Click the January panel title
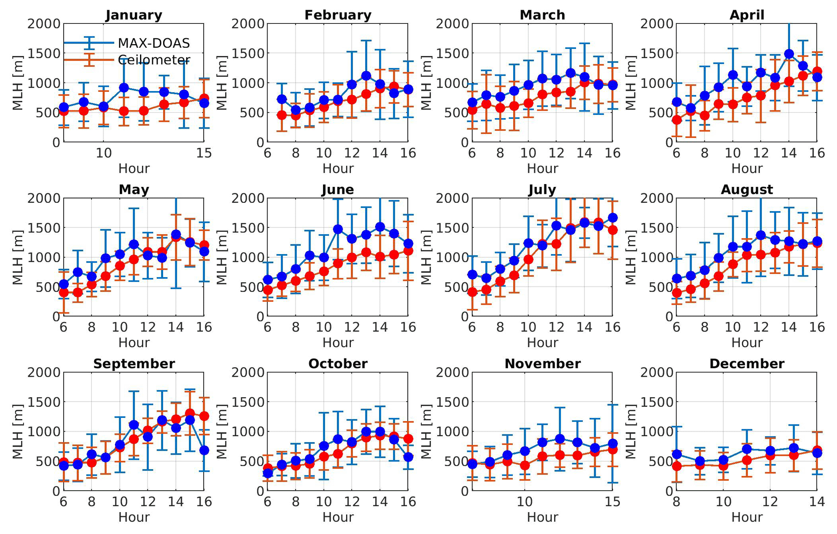134,15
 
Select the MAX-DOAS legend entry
154,43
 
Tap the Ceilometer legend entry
154,60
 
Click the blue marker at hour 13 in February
366,76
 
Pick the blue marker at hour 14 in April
789,54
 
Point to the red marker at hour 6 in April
677,120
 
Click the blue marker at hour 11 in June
338,229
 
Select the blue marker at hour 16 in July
613,218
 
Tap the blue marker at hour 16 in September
204,450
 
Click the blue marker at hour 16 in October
408,457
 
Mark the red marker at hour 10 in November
525,465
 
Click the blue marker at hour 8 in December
677,454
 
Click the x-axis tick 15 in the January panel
204,153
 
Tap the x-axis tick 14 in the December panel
817,502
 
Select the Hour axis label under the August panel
747,343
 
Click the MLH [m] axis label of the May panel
17,257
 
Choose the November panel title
542,364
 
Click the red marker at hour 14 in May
176,237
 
